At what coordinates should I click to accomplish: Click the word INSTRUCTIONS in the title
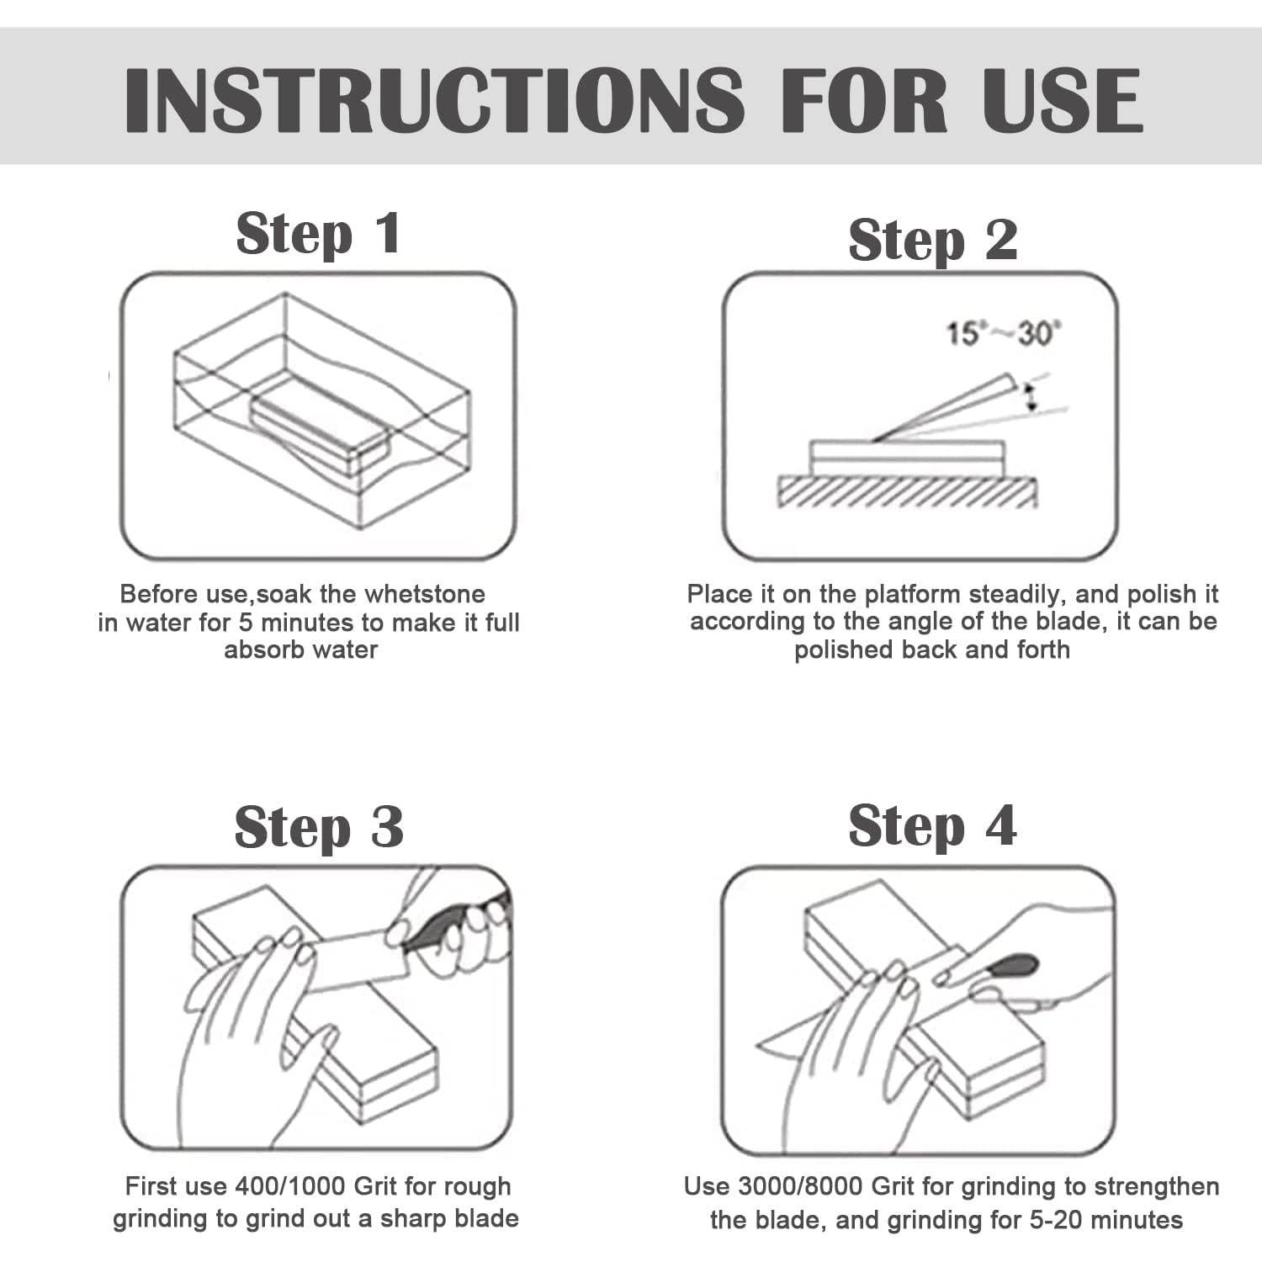point(434,99)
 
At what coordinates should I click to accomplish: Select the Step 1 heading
point(319,235)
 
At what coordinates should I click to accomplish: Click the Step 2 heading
point(933,241)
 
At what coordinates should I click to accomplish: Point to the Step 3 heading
point(319,828)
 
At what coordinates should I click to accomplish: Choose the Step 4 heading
point(932,826)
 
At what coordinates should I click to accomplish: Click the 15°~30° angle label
point(1005,334)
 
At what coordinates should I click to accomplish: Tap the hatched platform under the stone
point(907,491)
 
